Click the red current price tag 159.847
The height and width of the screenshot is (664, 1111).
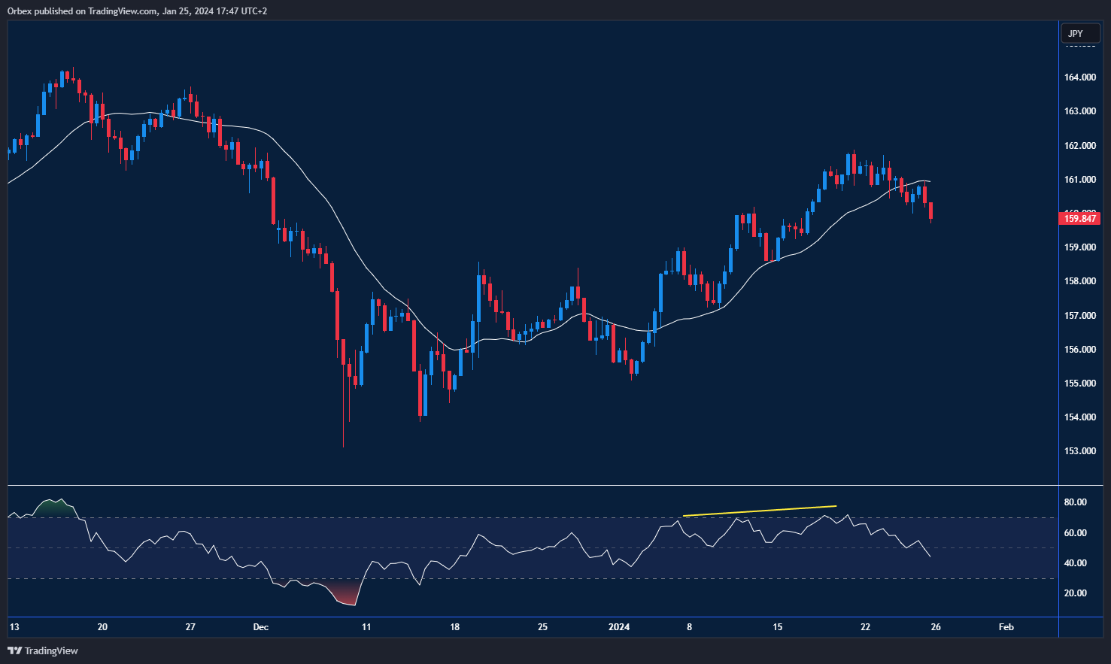pyautogui.click(x=1079, y=219)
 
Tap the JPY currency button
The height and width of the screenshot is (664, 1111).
pyautogui.click(x=1076, y=33)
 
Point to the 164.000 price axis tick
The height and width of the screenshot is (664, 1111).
pyautogui.click(x=1079, y=77)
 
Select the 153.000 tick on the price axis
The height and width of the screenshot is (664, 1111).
pyautogui.click(x=1079, y=451)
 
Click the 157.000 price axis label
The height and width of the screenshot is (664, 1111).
pyautogui.click(x=1079, y=316)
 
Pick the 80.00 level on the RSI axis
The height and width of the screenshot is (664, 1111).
pyautogui.click(x=1076, y=502)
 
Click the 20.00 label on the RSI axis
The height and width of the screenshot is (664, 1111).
pyautogui.click(x=1076, y=593)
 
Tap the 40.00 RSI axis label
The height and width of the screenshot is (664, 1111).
pyautogui.click(x=1076, y=563)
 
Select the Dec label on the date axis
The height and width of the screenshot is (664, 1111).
pyautogui.click(x=261, y=627)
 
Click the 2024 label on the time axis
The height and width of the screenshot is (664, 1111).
pyautogui.click(x=619, y=627)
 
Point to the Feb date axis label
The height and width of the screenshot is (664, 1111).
pyautogui.click(x=1006, y=627)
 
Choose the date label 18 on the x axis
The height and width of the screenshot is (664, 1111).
pyautogui.click(x=454, y=627)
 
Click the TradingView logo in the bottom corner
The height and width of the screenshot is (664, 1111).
pyautogui.click(x=43, y=650)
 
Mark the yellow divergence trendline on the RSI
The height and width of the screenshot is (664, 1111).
pyautogui.click(x=760, y=511)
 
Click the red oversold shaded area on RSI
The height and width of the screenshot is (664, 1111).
pyautogui.click(x=345, y=596)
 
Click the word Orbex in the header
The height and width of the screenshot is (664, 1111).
pyautogui.click(x=20, y=11)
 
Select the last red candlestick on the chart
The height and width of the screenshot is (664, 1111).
pyautogui.click(x=931, y=211)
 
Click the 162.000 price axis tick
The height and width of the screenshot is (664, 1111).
pyautogui.click(x=1079, y=146)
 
